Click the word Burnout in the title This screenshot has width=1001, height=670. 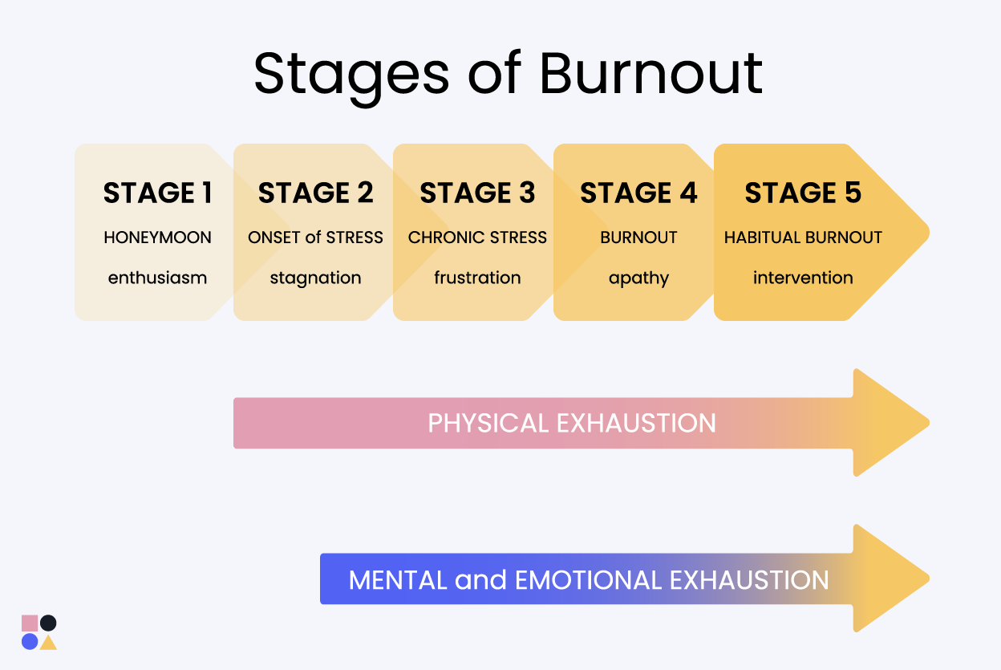click(651, 73)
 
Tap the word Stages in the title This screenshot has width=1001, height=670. click(351, 77)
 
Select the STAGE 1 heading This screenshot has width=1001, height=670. click(157, 193)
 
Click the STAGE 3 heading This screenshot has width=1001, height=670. click(477, 193)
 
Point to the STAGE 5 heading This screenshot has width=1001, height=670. click(803, 193)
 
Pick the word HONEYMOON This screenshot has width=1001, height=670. click(157, 238)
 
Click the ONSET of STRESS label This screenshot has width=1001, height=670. click(315, 238)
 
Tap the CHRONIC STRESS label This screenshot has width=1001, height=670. click(477, 238)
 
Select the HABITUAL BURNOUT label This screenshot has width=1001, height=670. click(803, 238)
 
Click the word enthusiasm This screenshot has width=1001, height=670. click(157, 278)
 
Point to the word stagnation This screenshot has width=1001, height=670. click(315, 278)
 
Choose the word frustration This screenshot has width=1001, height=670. click(477, 278)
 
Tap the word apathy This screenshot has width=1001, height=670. click(638, 278)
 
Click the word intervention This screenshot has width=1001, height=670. click(803, 278)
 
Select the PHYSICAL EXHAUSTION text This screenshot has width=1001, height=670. click(572, 423)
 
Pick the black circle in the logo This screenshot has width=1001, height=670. click(48, 623)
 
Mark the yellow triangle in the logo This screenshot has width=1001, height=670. click(48, 644)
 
